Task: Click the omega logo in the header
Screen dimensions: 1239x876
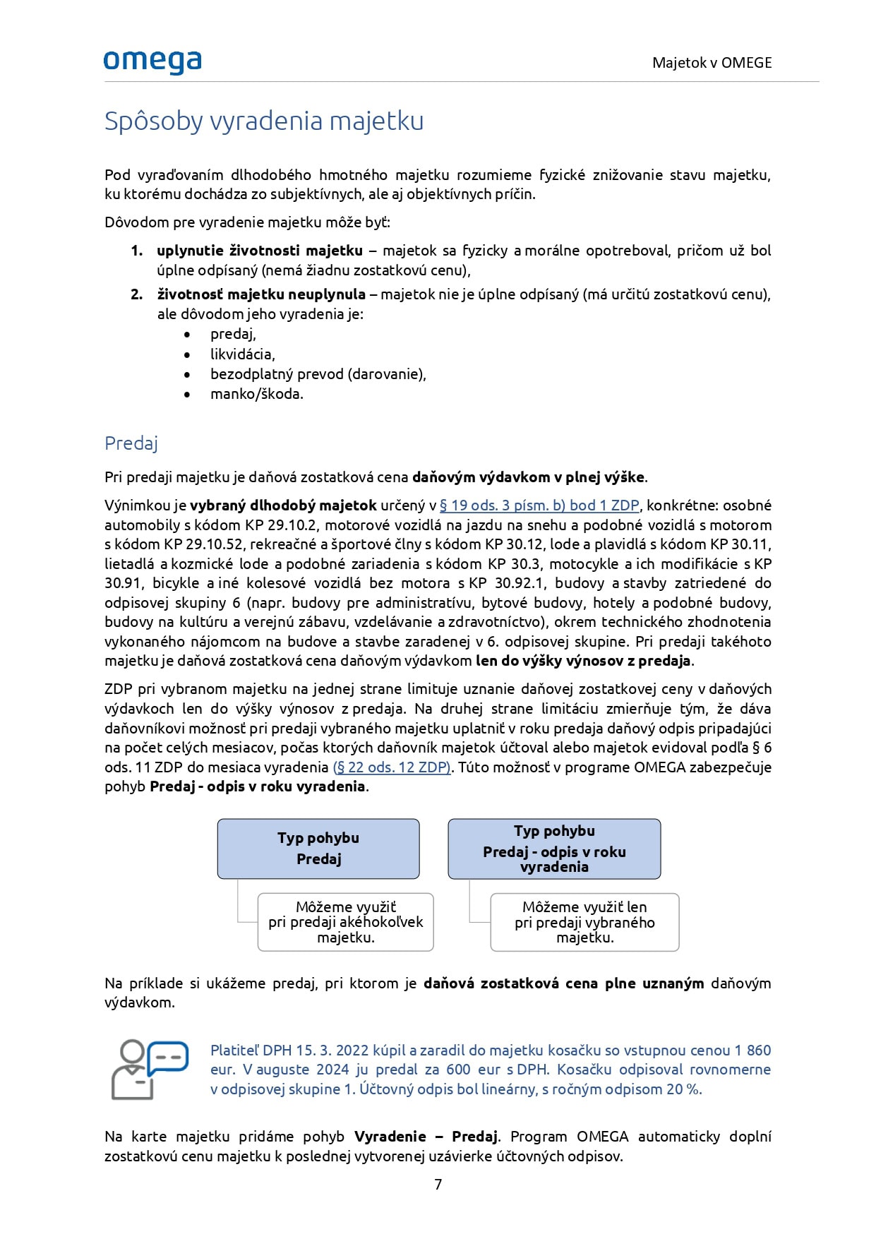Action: pyautogui.click(x=152, y=62)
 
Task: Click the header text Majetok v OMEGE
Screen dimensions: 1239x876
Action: pyautogui.click(x=712, y=63)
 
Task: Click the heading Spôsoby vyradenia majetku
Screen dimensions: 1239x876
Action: pyautogui.click(x=264, y=121)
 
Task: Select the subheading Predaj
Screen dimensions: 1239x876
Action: pyautogui.click(x=131, y=443)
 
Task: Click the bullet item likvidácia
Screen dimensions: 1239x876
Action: pyautogui.click(x=242, y=354)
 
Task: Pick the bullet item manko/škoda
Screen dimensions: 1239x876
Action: pyautogui.click(x=256, y=394)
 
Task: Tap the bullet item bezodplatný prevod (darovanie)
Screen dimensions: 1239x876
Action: pyautogui.click(x=318, y=374)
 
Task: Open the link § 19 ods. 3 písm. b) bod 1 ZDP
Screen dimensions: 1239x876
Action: pyautogui.click(x=539, y=505)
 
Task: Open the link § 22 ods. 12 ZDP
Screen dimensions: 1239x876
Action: pyautogui.click(x=392, y=767)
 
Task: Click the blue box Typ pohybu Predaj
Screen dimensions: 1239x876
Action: pyautogui.click(x=318, y=849)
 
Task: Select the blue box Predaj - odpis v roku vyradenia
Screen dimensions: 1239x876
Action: pyautogui.click(x=554, y=849)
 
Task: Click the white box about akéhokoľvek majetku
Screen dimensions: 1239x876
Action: pyautogui.click(x=346, y=922)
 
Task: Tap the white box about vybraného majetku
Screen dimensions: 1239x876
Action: pyautogui.click(x=584, y=922)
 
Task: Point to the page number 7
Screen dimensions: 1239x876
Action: pyautogui.click(x=438, y=1185)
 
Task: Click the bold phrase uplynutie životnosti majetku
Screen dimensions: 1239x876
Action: pyautogui.click(x=260, y=251)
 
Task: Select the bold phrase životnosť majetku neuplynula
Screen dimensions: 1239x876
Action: pyautogui.click(x=261, y=294)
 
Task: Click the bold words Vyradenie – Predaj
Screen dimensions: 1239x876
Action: pyautogui.click(x=426, y=1137)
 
